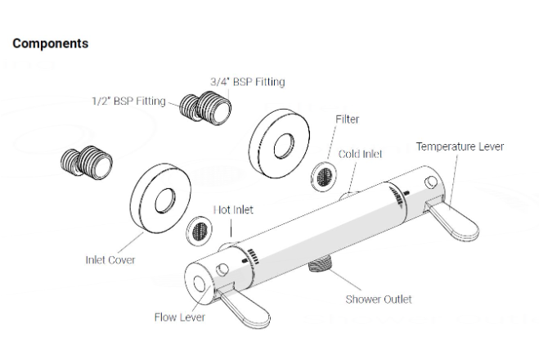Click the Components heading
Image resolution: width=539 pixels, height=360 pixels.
coord(51,43)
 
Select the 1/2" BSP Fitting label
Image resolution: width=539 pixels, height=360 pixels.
coord(128,101)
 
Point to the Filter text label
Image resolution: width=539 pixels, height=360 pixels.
coord(347,119)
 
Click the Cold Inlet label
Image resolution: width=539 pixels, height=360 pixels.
coord(360,153)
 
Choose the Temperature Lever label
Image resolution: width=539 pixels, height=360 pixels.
coord(460,146)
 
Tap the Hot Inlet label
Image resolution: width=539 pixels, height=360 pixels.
coord(233,209)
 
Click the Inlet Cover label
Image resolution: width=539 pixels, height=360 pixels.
coord(110,260)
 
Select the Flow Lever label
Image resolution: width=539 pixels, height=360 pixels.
coord(179,317)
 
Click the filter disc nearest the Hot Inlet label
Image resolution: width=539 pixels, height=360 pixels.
coord(199,229)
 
